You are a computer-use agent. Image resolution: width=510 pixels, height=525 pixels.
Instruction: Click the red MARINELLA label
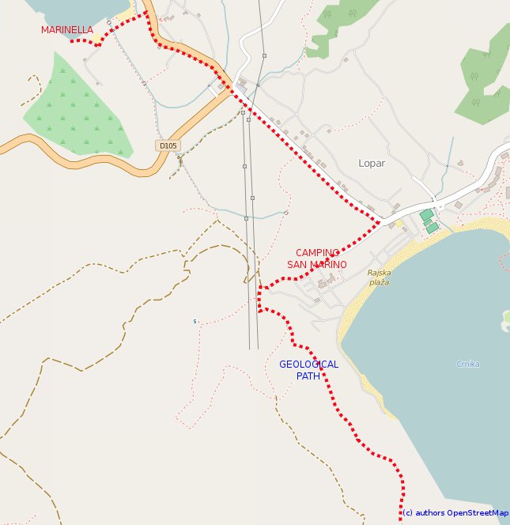pyautogui.click(x=67, y=30)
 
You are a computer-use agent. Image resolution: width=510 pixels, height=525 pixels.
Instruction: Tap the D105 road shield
pyautogui.click(x=167, y=145)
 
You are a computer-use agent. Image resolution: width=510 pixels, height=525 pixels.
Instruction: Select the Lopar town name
pyautogui.click(x=371, y=164)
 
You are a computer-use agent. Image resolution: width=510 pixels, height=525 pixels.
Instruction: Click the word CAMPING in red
pyautogui.click(x=317, y=253)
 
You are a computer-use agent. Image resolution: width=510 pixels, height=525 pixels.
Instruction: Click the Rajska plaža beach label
pyautogui.click(x=380, y=278)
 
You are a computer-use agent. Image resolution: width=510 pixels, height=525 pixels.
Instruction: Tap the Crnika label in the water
pyautogui.click(x=468, y=364)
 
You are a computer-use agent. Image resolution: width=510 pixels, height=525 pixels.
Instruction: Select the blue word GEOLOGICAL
pyautogui.click(x=308, y=364)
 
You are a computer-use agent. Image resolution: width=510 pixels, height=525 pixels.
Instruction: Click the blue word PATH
pyautogui.click(x=308, y=376)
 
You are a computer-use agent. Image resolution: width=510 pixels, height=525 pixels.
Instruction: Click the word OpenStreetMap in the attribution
pyautogui.click(x=478, y=513)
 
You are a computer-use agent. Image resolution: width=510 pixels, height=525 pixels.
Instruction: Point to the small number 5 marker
pyautogui.click(x=195, y=321)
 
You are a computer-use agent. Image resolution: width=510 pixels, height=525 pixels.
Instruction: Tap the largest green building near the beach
pyautogui.click(x=426, y=215)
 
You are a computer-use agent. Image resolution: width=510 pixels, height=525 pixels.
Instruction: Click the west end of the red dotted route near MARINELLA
pyautogui.click(x=72, y=41)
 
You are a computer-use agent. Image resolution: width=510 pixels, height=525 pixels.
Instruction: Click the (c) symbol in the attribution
pyautogui.click(x=407, y=513)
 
